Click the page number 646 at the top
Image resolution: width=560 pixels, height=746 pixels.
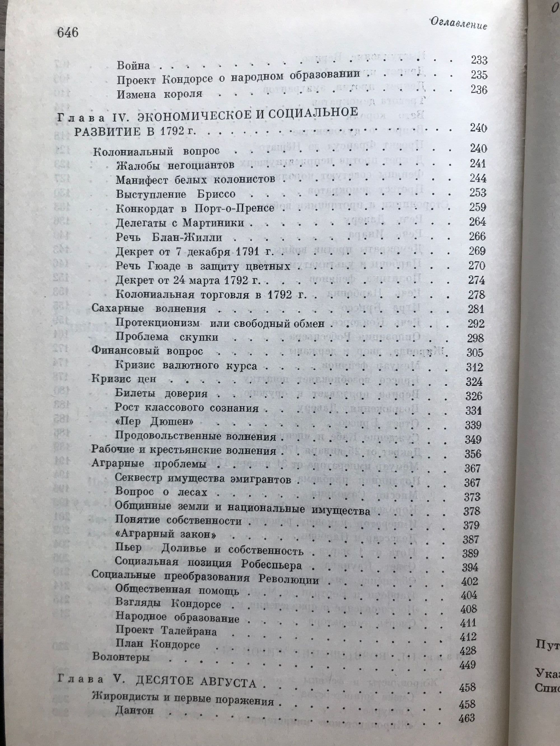pos(68,33)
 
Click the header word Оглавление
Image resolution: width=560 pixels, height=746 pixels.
pos(458,24)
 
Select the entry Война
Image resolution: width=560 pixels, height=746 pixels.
pos(133,65)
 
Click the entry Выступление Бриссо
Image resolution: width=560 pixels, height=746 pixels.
pos(176,194)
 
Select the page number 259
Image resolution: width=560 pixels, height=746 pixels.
pos(477,207)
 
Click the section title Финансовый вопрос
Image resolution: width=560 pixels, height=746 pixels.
pos(148,351)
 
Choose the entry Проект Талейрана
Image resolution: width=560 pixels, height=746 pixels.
pos(166,631)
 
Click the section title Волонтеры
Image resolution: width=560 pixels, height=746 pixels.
pos(120,657)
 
